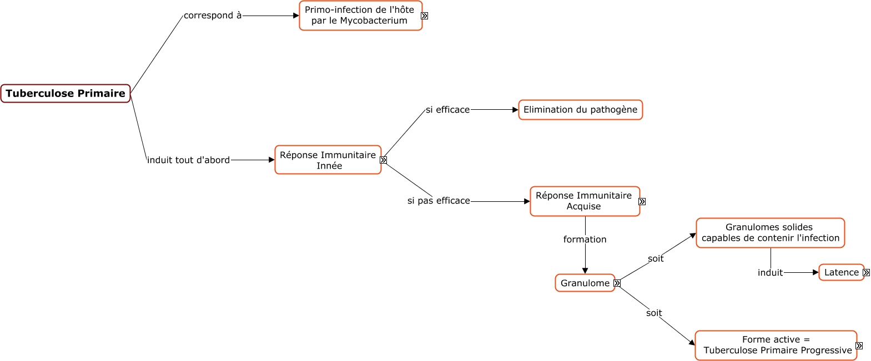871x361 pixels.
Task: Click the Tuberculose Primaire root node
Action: click(66, 93)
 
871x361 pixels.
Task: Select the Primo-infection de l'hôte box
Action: click(360, 16)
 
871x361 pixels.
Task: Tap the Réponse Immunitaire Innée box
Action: click(328, 160)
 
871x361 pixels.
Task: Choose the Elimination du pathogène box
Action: click(580, 110)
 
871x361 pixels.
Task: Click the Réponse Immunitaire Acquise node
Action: click(584, 201)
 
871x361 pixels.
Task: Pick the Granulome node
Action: click(585, 283)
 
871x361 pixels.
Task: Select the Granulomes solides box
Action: click(770, 233)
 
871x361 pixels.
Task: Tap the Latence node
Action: click(841, 272)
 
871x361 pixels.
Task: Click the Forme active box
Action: click(776, 345)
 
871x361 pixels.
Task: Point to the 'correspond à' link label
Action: click(213, 16)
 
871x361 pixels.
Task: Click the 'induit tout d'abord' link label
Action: click(188, 160)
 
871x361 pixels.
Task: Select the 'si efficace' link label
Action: click(447, 110)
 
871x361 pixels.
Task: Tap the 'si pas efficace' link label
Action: click(439, 201)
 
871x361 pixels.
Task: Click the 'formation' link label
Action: click(585, 240)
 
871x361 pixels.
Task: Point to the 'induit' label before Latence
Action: click(770, 273)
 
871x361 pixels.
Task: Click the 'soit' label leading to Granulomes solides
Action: click(656, 259)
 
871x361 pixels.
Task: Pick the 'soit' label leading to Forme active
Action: click(654, 313)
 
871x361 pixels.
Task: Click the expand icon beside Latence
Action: click(866, 273)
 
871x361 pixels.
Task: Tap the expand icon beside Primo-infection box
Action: click(424, 16)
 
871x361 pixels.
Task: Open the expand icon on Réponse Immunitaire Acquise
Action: click(642, 202)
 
